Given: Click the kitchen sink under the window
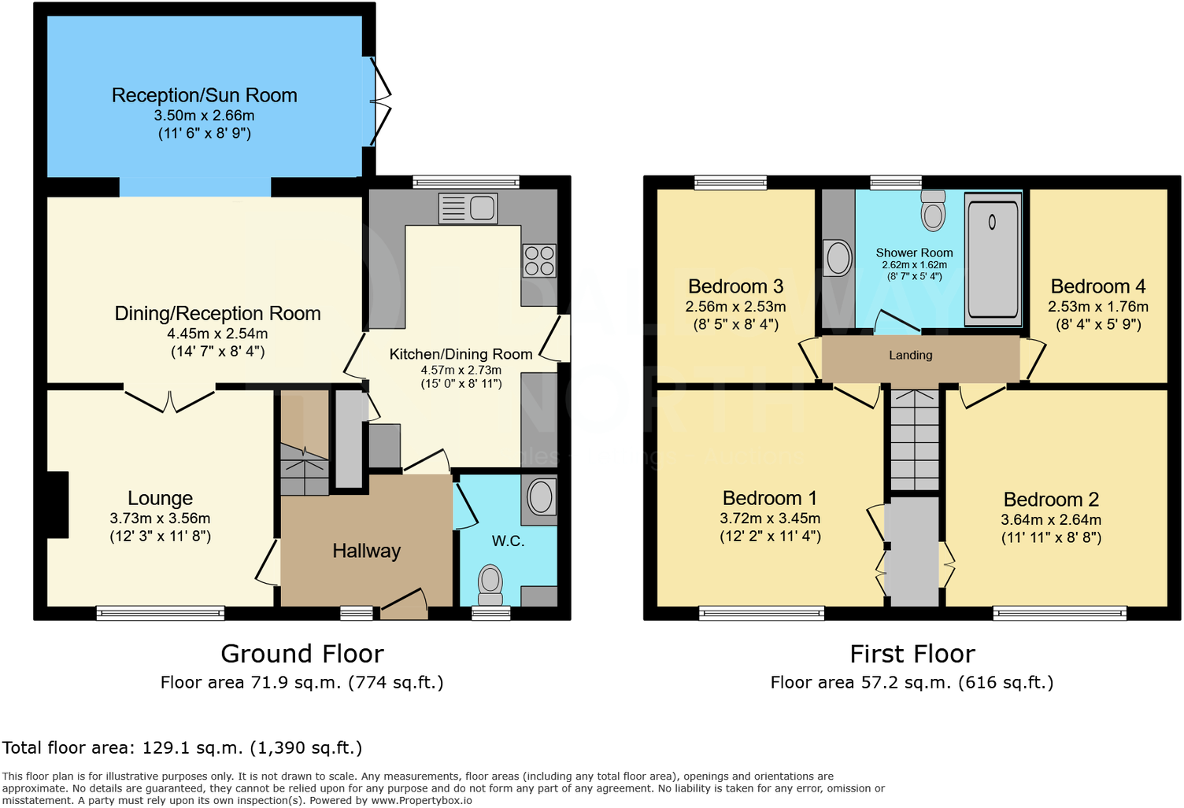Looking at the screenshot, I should (x=468, y=208).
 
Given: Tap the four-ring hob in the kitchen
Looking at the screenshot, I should (x=539, y=260).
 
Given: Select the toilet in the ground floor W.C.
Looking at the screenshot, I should (x=490, y=582).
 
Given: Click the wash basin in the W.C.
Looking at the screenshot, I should (x=541, y=496).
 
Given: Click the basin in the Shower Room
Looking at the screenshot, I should (x=838, y=258).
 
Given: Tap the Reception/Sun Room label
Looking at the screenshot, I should (x=204, y=95).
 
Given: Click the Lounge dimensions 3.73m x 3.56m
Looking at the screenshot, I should (x=160, y=518).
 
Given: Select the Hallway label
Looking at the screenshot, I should (x=366, y=551).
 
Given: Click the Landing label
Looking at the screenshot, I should (x=910, y=356).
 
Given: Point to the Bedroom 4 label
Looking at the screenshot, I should (x=1097, y=286).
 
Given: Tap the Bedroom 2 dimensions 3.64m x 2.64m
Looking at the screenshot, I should (x=1050, y=520).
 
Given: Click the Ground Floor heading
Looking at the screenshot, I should (x=302, y=654).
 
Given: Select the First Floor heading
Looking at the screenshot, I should (x=912, y=654).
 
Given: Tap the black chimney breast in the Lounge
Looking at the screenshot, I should (x=57, y=504).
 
